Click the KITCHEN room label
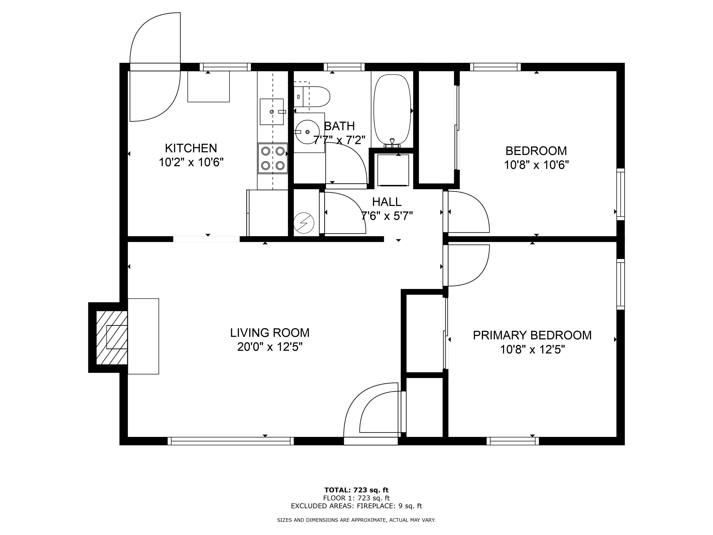(191, 148)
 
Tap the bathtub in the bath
(392, 110)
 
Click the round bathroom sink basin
(307, 132)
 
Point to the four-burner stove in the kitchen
(273, 158)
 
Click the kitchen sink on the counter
(271, 112)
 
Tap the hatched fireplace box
(111, 337)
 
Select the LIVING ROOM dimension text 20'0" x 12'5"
(270, 347)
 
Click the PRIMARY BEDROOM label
(532, 335)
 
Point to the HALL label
(386, 202)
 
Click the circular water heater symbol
(304, 223)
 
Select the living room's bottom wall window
(231, 441)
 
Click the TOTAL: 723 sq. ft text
(356, 490)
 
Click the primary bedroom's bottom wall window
(512, 441)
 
